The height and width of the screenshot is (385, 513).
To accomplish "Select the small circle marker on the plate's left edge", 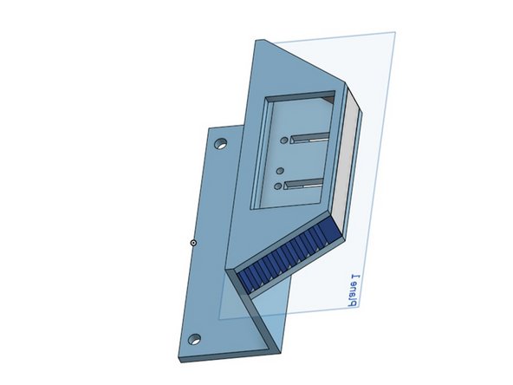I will pyautogui.click(x=192, y=242).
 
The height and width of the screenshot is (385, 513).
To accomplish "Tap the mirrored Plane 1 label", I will pyautogui.click(x=350, y=293).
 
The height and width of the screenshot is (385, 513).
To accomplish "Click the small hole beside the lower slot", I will pyautogui.click(x=278, y=186).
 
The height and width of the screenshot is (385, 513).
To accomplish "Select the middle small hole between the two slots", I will pyautogui.click(x=280, y=169).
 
